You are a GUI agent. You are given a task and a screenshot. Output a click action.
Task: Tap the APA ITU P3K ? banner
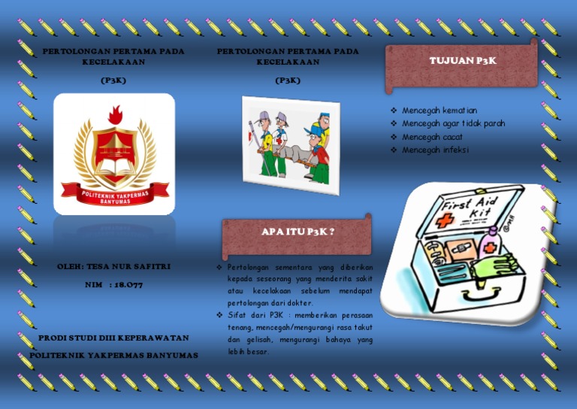(298, 232)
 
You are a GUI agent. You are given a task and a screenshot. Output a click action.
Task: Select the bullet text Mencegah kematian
(439, 111)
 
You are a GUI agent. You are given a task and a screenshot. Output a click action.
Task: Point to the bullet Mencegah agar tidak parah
(453, 123)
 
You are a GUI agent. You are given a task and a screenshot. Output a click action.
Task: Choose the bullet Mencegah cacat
(432, 137)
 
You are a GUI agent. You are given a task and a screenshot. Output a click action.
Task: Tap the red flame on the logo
(115, 116)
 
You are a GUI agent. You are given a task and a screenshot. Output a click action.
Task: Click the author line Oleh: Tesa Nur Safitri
(113, 266)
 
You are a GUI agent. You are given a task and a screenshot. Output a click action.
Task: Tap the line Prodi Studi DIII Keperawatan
(113, 338)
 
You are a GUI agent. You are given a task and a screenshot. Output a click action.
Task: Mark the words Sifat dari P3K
(251, 316)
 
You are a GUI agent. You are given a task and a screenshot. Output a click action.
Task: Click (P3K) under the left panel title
(113, 79)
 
